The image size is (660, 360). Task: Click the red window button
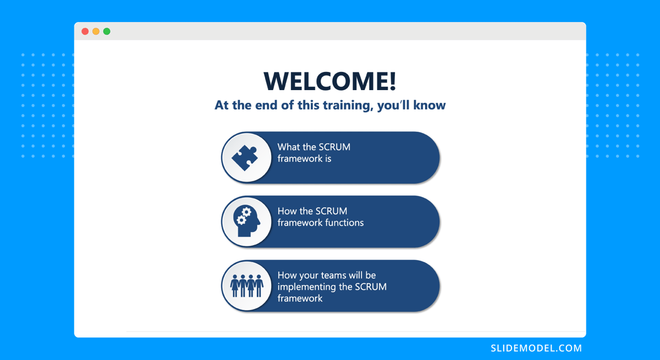tap(85, 31)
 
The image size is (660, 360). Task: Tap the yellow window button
tap(96, 31)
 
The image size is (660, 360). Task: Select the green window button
tap(107, 31)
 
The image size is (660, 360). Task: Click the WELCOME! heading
tap(329, 81)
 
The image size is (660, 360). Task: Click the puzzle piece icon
tap(245, 157)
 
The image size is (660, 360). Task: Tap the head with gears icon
tap(246, 221)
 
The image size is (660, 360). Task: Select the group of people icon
tap(246, 286)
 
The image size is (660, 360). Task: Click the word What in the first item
tap(288, 147)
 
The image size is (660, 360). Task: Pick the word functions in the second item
tap(344, 223)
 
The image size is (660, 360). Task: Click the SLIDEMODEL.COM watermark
tap(536, 348)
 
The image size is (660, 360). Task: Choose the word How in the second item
tap(287, 211)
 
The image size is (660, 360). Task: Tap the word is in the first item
tap(328, 159)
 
